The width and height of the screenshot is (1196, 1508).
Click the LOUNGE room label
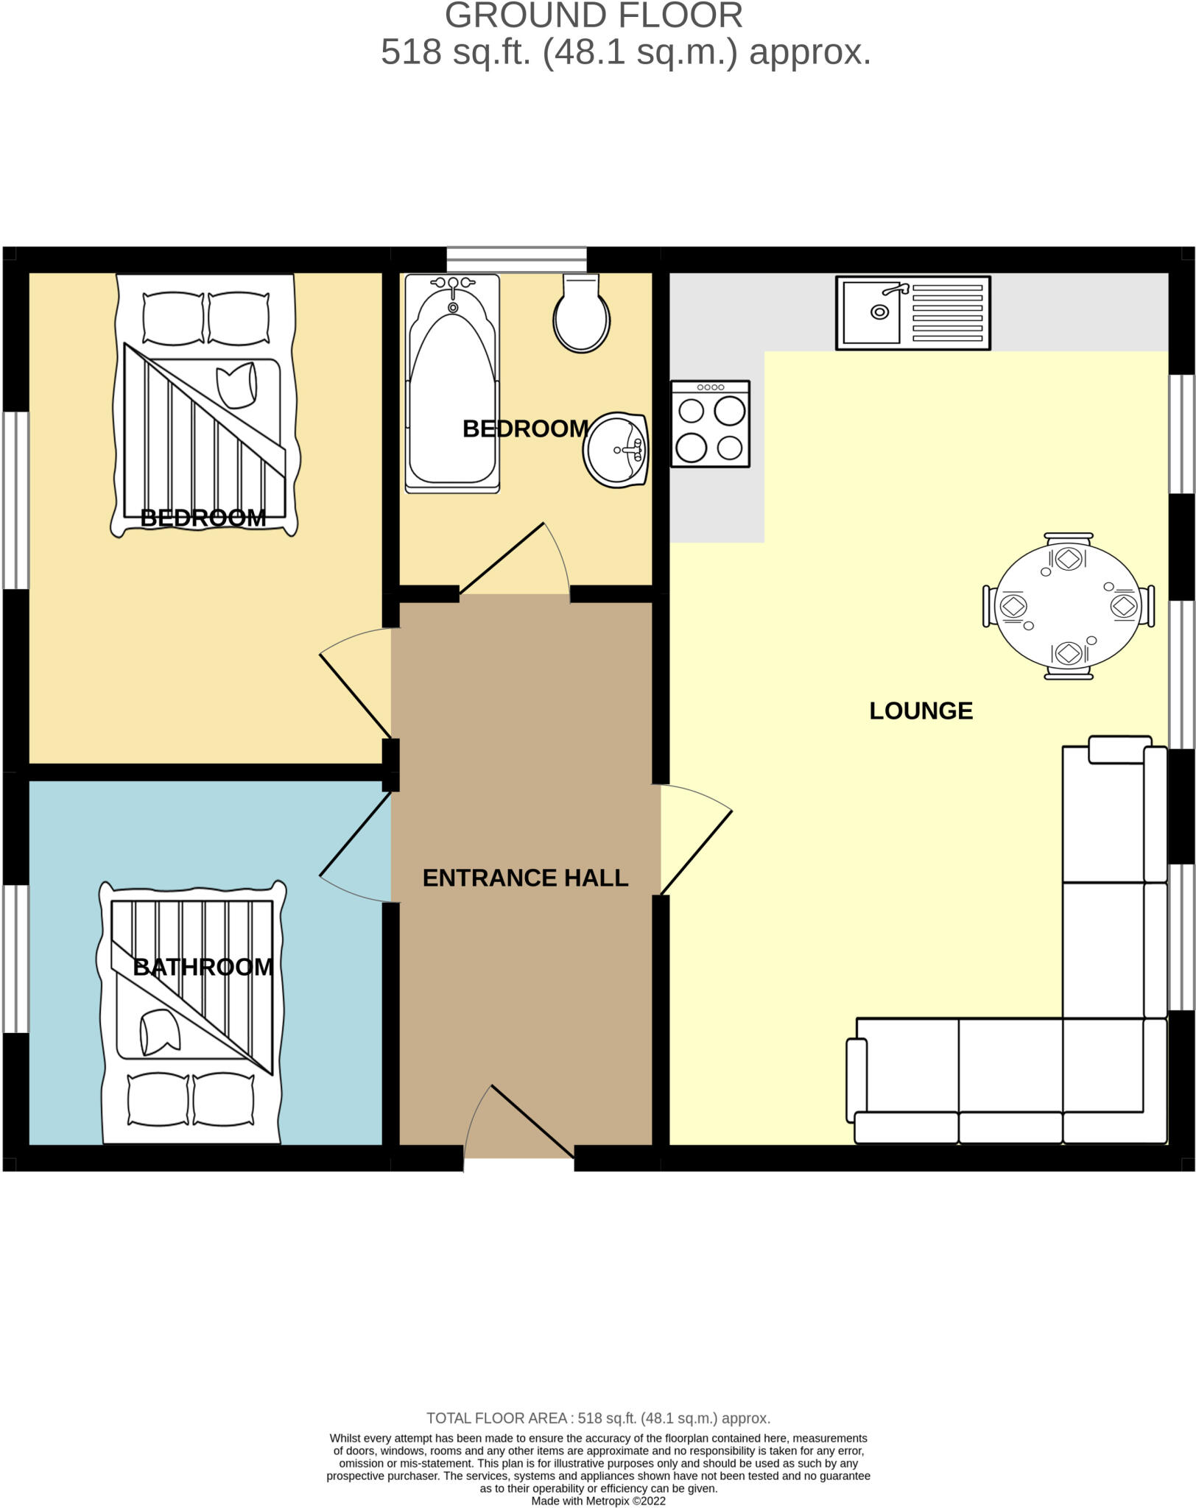[921, 711]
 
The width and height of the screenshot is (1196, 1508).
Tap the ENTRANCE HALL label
[525, 878]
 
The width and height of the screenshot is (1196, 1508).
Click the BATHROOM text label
[203, 967]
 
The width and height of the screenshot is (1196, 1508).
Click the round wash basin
[616, 451]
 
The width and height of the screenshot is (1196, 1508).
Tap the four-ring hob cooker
[710, 424]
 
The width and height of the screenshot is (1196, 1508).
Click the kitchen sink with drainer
[912, 313]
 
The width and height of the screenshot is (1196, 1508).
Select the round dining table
[1068, 606]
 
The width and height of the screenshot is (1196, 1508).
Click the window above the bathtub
[516, 259]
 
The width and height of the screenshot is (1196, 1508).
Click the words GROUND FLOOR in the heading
[594, 16]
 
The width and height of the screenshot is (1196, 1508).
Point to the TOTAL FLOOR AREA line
[598, 1417]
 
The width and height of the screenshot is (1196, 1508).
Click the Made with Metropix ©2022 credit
[598, 1501]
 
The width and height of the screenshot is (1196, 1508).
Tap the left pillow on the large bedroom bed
[173, 318]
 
